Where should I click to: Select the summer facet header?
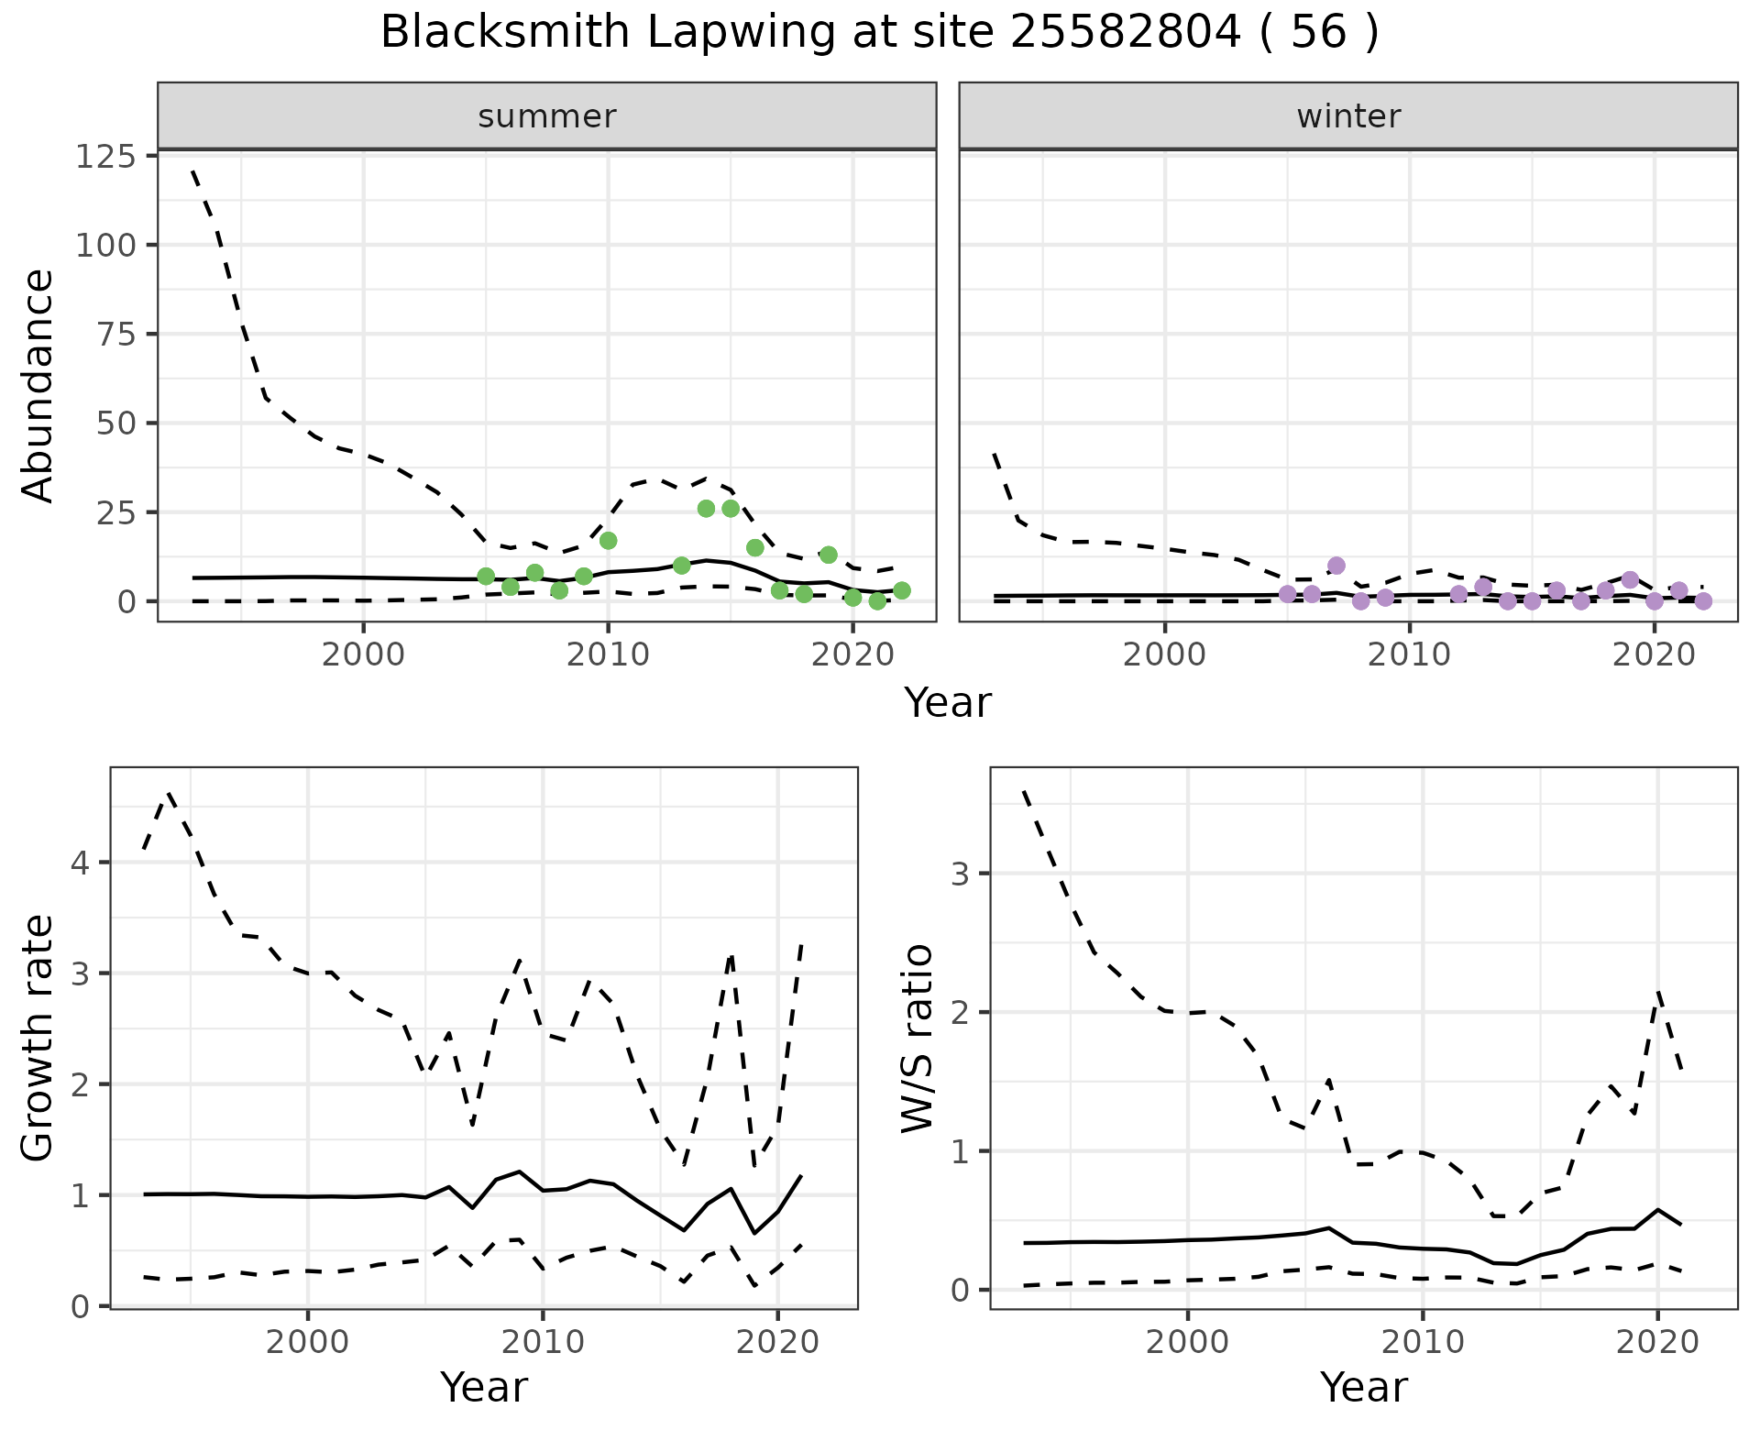tap(547, 116)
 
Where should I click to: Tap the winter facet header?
tap(1348, 116)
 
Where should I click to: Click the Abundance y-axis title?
tap(38, 386)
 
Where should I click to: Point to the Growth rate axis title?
tap(38, 1038)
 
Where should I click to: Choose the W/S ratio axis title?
tap(918, 1038)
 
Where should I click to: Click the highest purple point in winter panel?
tap(1336, 566)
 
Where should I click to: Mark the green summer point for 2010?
tap(608, 541)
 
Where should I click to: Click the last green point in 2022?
tap(902, 590)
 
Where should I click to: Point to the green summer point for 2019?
tap(829, 555)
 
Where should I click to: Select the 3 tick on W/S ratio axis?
tap(960, 874)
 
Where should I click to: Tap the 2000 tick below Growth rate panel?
tap(308, 1343)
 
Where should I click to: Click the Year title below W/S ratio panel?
tap(1364, 1388)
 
